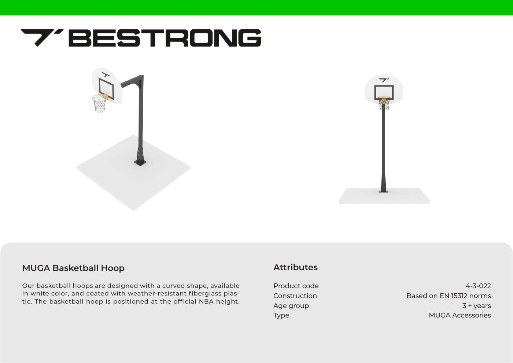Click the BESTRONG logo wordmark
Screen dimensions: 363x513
pyautogui.click(x=165, y=38)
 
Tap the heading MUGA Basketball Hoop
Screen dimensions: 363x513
pyautogui.click(x=73, y=268)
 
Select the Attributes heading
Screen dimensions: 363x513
pyautogui.click(x=295, y=267)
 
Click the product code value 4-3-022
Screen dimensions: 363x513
pyautogui.click(x=478, y=286)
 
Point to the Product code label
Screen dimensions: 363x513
pyautogui.click(x=296, y=286)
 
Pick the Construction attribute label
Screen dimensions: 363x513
pyautogui.click(x=295, y=296)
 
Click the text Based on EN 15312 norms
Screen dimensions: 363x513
pyautogui.click(x=448, y=296)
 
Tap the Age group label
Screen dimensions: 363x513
pyautogui.click(x=291, y=306)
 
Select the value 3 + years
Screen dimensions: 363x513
pyautogui.click(x=476, y=306)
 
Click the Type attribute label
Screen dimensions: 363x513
pyautogui.click(x=281, y=315)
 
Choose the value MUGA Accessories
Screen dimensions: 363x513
pyautogui.click(x=460, y=315)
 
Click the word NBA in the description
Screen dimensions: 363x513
pyautogui.click(x=206, y=301)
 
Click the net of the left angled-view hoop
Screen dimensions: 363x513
pyautogui.click(x=99, y=104)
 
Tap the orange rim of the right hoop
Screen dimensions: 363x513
pyautogui.click(x=384, y=98)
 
